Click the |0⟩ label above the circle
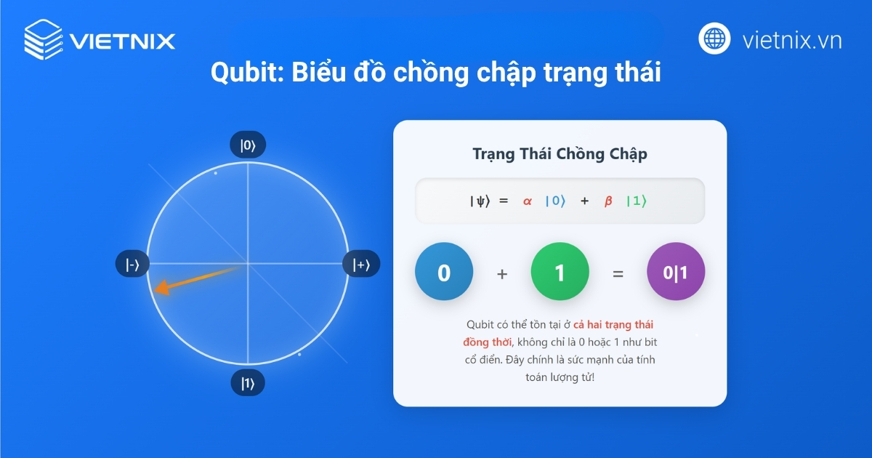point(248,145)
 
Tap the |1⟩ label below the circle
point(248,383)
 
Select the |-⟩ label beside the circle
point(132,265)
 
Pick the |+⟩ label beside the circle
point(361,265)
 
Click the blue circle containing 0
point(444,273)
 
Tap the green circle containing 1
point(560,273)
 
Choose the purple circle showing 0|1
point(676,273)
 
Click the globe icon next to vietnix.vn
point(714,39)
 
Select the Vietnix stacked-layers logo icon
point(43,39)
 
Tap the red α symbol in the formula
point(527,201)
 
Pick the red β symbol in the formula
point(608,201)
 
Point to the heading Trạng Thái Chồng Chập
point(560,154)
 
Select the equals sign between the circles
point(618,274)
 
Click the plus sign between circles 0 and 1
point(502,274)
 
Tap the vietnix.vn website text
point(792,40)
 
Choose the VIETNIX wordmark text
point(123,40)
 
